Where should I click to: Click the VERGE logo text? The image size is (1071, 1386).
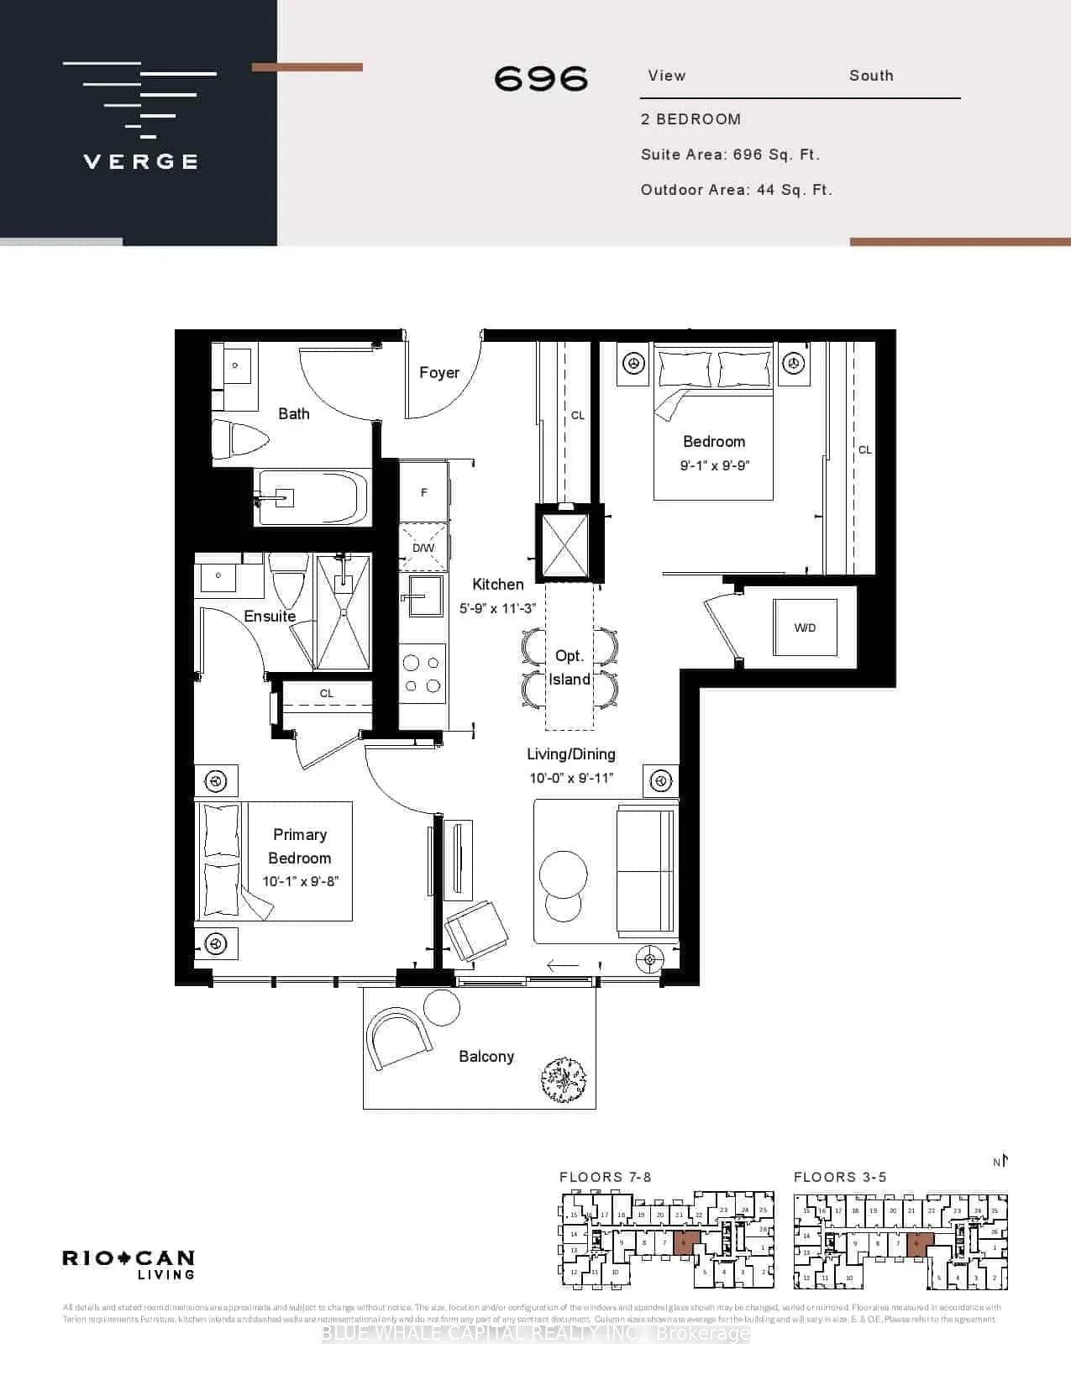point(141,161)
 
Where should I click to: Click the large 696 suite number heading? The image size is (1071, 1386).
point(541,79)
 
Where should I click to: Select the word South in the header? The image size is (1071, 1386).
point(871,76)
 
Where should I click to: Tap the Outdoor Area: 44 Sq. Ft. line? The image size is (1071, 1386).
point(736,190)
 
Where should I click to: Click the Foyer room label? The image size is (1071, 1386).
point(439,372)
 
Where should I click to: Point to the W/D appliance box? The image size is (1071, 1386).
point(805,627)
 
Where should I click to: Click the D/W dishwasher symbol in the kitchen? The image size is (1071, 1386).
point(423,548)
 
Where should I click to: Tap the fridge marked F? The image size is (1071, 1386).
point(423,492)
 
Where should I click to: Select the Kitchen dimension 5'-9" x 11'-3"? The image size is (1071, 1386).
point(498,608)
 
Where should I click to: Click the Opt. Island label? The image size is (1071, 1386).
point(570,668)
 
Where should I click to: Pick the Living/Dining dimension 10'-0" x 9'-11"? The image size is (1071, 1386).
point(571,778)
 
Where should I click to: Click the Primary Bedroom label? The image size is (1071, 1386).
point(299,846)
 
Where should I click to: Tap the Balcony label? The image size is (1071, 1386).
point(486,1057)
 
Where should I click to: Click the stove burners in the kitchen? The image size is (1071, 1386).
point(423,674)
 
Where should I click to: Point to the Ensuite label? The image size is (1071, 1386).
point(270,616)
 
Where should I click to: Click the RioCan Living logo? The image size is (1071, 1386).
point(129,1263)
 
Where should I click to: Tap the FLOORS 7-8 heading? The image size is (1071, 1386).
point(605,1178)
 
